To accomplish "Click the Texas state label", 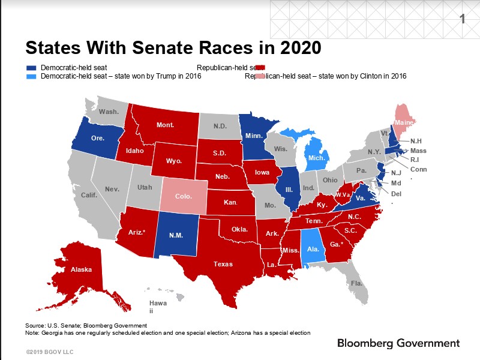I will (x=223, y=264).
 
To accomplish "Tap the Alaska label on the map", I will (x=82, y=269).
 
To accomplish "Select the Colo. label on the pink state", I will (x=183, y=196).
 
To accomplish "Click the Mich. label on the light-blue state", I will (x=316, y=158).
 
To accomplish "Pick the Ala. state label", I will (x=312, y=249).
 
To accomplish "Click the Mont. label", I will (x=165, y=125).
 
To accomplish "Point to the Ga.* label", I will (x=336, y=244).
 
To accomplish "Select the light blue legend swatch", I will (x=31, y=76).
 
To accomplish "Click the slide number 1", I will (x=462, y=19).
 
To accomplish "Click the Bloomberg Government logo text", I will (x=398, y=343).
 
